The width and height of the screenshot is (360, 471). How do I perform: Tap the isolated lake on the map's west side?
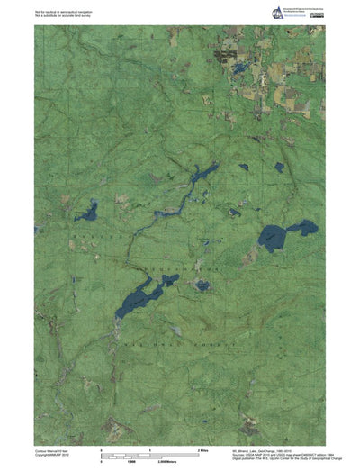click(x=86, y=213)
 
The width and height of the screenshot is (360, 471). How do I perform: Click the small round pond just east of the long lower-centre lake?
click(x=202, y=285)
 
